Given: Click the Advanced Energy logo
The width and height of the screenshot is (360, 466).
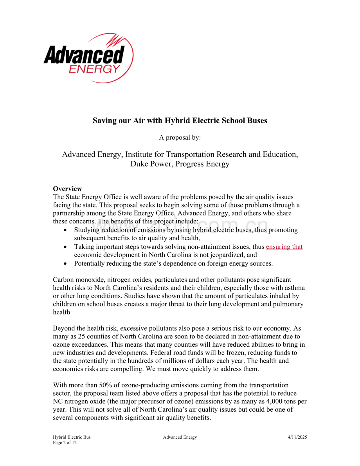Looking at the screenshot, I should (x=88, y=58).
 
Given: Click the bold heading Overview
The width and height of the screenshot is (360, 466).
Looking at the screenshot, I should (x=67, y=189).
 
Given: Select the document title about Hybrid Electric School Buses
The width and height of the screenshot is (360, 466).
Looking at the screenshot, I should (x=180, y=121).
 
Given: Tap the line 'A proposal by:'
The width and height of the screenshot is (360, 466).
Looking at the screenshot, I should (x=180, y=137).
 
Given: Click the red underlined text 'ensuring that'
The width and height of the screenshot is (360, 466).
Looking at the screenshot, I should (x=284, y=246).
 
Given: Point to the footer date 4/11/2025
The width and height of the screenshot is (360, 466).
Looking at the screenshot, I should (x=297, y=437).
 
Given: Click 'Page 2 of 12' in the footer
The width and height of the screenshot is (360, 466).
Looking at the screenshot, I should (x=65, y=443).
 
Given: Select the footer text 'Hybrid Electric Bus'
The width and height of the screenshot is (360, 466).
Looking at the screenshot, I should (x=72, y=437).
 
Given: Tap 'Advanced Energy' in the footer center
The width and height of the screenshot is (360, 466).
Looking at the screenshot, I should (x=180, y=437).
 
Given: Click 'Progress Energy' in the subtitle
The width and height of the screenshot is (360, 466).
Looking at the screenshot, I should (x=202, y=164).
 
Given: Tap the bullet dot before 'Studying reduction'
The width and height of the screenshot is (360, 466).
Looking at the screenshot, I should (x=65, y=230).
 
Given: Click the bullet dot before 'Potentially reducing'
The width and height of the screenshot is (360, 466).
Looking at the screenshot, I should (x=65, y=263).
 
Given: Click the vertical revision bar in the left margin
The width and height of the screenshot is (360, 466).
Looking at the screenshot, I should (x=31, y=246).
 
